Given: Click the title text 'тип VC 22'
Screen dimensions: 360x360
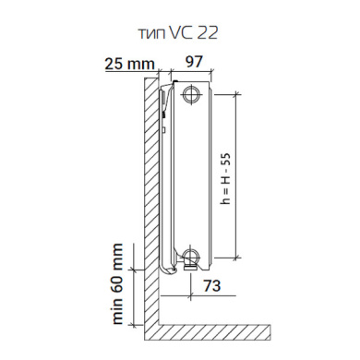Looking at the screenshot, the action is pyautogui.click(x=178, y=32).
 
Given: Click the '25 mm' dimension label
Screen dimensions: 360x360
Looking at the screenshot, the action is pyautogui.click(x=129, y=64).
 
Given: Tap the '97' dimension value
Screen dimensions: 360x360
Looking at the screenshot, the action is pyautogui.click(x=194, y=62).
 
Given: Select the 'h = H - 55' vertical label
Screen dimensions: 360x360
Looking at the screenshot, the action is pyautogui.click(x=226, y=179).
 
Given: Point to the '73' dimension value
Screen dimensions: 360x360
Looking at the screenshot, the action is pyautogui.click(x=212, y=285).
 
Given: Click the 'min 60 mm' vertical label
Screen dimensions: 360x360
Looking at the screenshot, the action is pyautogui.click(x=117, y=283).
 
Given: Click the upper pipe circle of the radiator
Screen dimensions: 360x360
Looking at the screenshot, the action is pyautogui.click(x=192, y=94).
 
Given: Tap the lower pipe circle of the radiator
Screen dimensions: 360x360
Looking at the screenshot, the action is pyautogui.click(x=191, y=256).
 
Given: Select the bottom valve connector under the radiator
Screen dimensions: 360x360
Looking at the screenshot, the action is pyautogui.click(x=190, y=267).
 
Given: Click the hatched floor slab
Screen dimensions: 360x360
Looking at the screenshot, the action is pyautogui.click(x=214, y=332).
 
